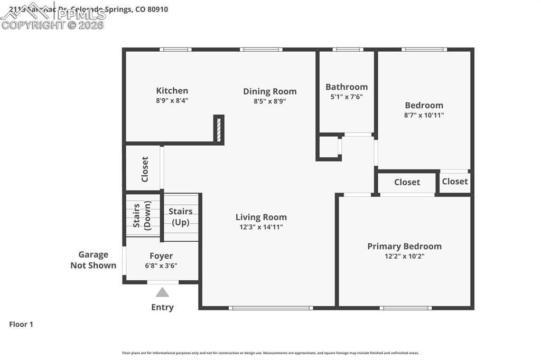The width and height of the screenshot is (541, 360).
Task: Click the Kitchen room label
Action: [x=172, y=91]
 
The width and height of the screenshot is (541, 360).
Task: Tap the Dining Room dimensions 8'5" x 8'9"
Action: [x=269, y=101]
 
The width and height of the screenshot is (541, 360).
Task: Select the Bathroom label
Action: [x=346, y=87]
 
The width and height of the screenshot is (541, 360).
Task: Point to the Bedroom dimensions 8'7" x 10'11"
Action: [x=424, y=115]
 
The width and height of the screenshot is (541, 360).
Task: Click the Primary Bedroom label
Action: [x=404, y=246]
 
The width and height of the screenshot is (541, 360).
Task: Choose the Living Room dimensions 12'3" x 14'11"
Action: [x=261, y=227]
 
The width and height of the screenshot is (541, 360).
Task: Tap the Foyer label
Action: [x=161, y=256]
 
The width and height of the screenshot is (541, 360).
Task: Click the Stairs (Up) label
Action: [x=181, y=217]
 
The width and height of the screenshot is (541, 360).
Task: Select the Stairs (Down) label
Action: [x=142, y=215]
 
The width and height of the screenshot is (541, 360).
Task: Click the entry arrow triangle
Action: [x=162, y=292]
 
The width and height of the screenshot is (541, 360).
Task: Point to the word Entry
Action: [x=162, y=307]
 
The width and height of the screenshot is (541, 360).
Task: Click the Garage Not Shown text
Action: [x=94, y=260]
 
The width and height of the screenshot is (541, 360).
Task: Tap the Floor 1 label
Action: [x=21, y=325]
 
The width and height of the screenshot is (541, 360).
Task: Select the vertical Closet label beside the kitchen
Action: [x=145, y=169]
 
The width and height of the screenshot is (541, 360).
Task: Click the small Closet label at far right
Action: [x=454, y=182]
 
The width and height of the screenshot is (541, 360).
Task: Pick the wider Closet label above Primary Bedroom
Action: [x=407, y=182]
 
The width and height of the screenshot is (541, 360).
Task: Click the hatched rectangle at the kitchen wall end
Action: [x=218, y=129]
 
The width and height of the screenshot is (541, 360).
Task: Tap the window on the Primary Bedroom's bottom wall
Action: [x=406, y=308]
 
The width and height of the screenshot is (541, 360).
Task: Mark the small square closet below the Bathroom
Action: [x=328, y=147]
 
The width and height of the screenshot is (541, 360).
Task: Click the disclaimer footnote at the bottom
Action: [x=270, y=353]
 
